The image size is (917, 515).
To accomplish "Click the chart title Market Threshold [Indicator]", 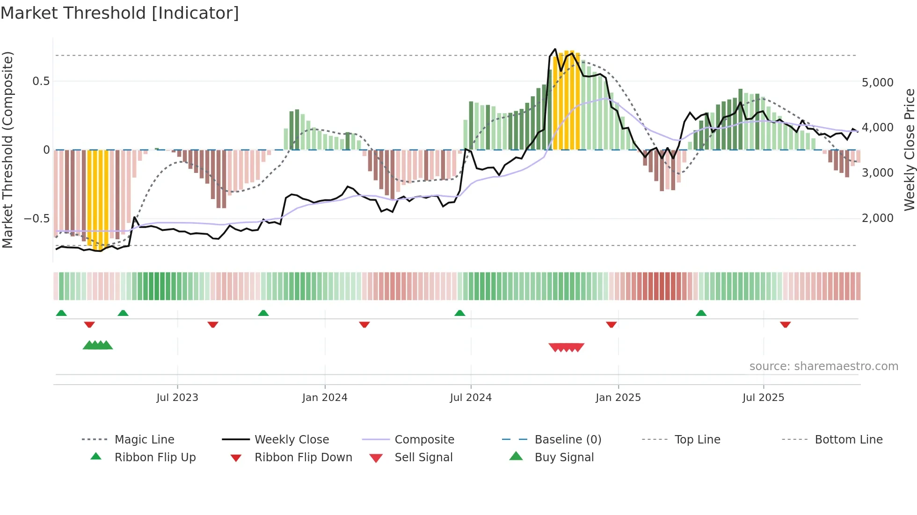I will click(120, 13).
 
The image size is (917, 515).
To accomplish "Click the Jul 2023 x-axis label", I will click(177, 398).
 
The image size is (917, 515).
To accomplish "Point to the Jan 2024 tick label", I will click(325, 398).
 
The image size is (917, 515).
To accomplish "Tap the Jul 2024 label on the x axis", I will click(471, 398).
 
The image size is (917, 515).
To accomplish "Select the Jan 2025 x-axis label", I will click(618, 398).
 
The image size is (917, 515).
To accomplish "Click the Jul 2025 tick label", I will click(763, 398).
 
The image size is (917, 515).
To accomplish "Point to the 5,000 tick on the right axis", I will click(877, 83).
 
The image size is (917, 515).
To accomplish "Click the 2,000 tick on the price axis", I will click(877, 218).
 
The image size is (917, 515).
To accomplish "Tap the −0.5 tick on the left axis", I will click(36, 219).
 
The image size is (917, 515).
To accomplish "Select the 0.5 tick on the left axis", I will click(41, 81).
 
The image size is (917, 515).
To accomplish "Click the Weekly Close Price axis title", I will click(909, 150).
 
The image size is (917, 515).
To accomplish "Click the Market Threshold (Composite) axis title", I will click(7, 150).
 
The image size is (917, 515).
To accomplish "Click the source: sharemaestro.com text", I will click(823, 366).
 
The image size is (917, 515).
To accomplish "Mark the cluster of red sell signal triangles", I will click(566, 347).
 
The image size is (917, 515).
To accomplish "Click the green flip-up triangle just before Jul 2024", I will click(459, 313).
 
